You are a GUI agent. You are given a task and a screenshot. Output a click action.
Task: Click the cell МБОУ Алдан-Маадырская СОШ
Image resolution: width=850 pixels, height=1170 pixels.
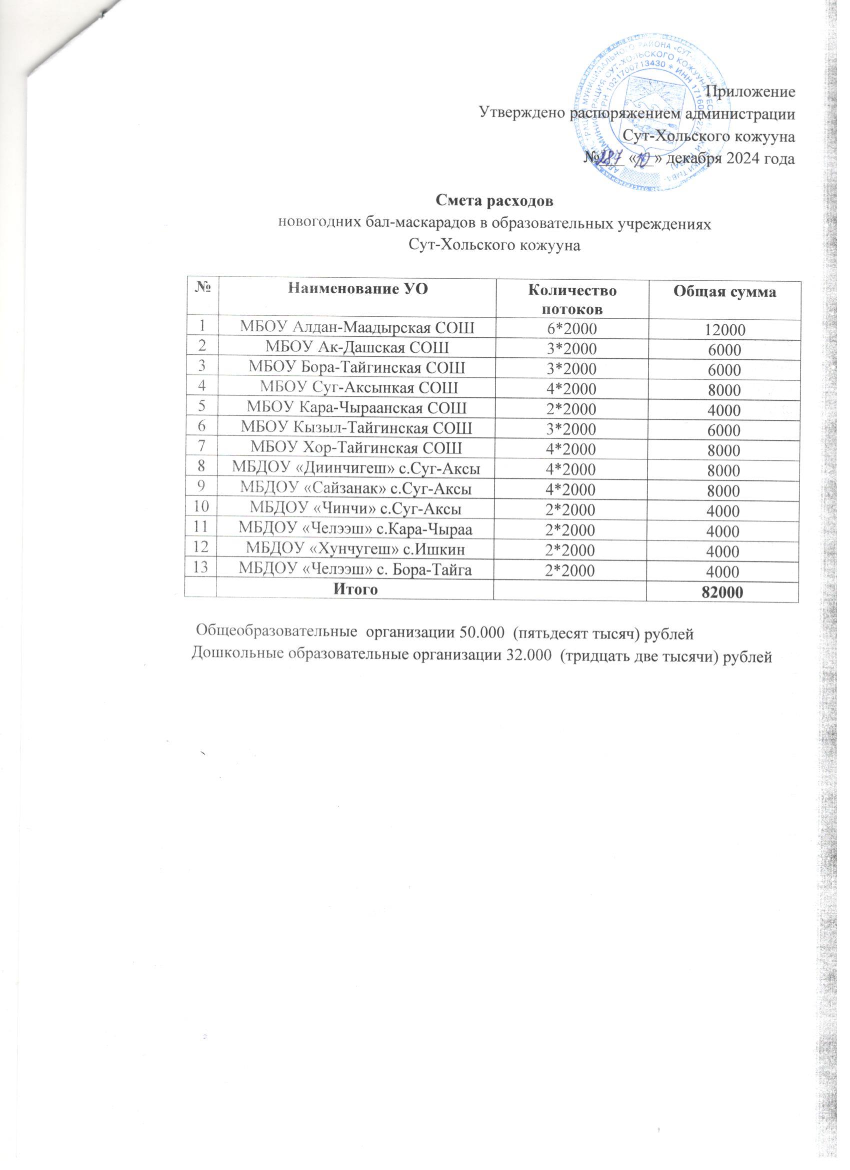click(356, 327)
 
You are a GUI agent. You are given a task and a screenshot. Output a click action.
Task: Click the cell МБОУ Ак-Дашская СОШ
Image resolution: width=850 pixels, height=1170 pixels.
click(356, 347)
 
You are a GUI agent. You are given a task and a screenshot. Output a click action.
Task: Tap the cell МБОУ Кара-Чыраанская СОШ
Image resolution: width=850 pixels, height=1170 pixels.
click(356, 408)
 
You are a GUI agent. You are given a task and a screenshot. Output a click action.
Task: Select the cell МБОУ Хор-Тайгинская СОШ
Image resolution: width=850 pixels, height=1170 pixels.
click(356, 448)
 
